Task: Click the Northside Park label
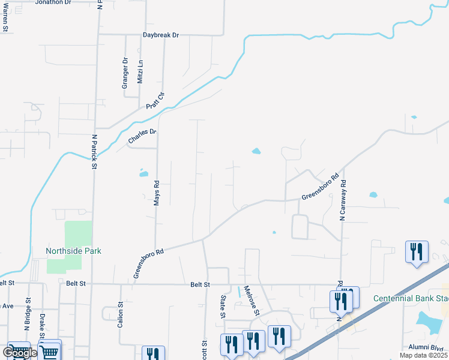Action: coord(74,251)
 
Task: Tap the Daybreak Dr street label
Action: coord(161,35)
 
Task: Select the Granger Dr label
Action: coord(125,73)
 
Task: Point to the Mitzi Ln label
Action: coord(140,71)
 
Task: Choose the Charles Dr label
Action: coord(142,136)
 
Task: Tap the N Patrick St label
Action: coord(94,151)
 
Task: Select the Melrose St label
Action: coord(250,301)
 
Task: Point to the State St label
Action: coord(222,306)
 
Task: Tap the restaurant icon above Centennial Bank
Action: coord(416,251)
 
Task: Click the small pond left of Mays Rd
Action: coord(143,174)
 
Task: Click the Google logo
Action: coord(19,353)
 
